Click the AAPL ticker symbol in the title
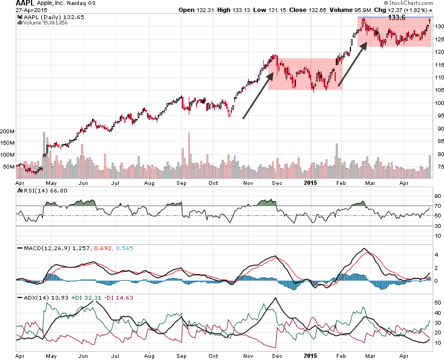[x=14, y=4]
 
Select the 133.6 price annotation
[x=397, y=17]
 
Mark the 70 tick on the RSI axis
[x=436, y=206]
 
